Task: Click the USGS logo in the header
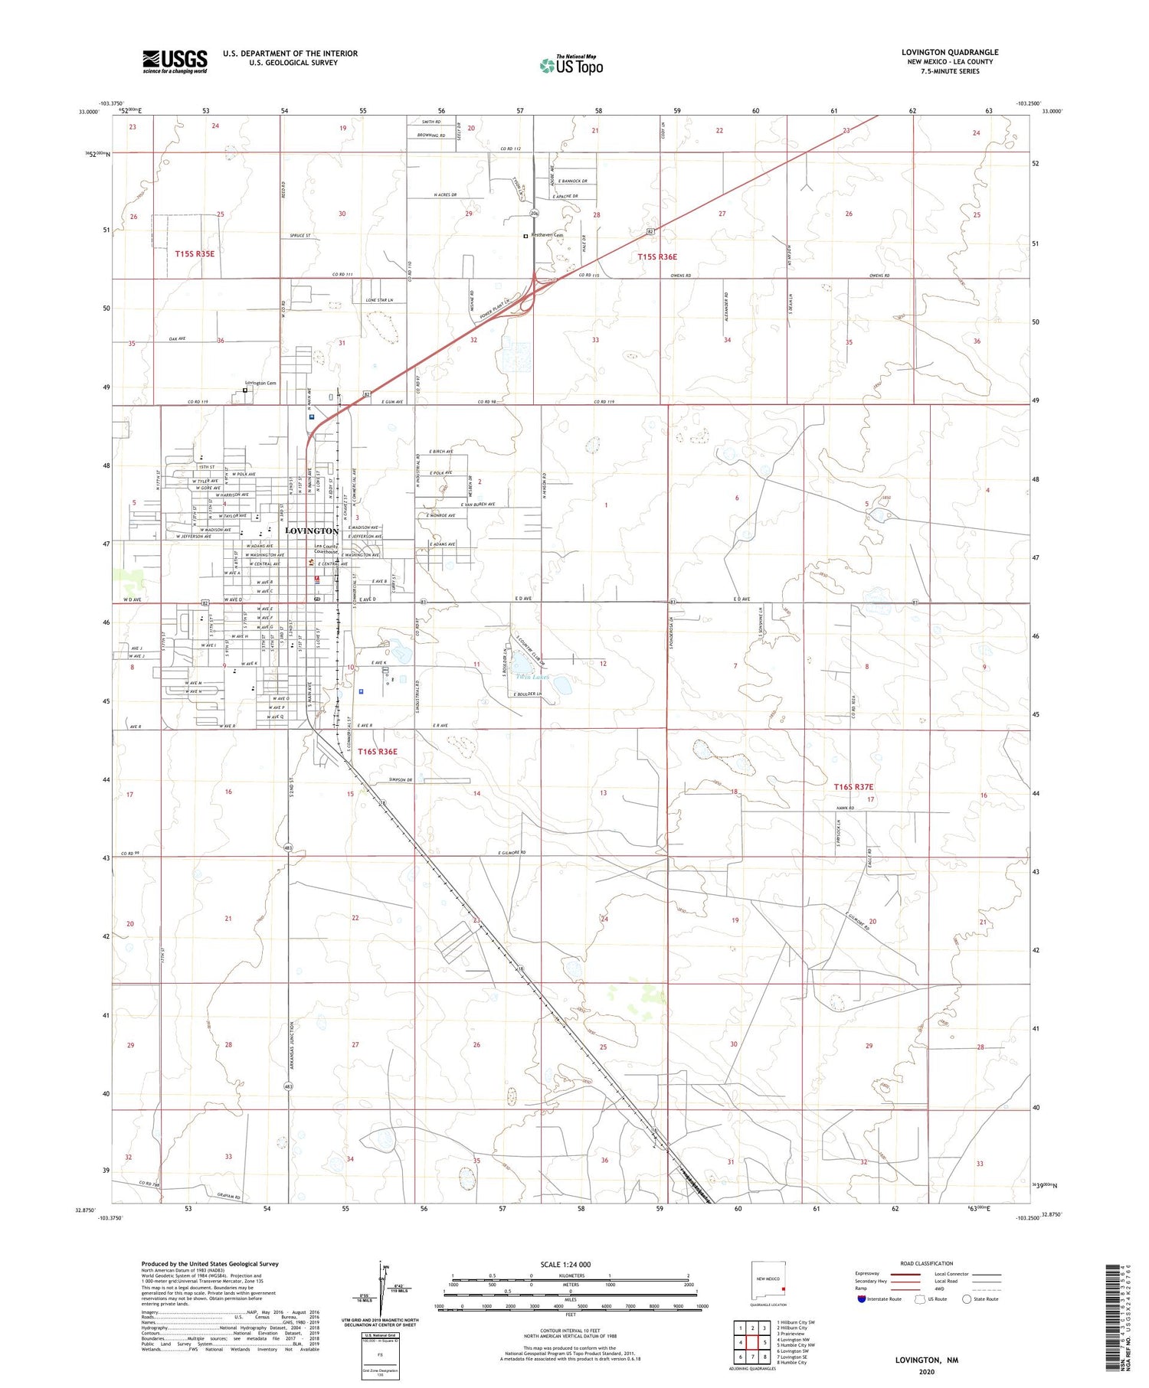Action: tap(175, 61)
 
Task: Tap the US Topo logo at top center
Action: tap(571, 66)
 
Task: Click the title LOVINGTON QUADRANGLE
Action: tap(950, 52)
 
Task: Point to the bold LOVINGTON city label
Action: tap(312, 531)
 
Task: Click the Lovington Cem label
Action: tap(260, 383)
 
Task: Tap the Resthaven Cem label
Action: tap(548, 235)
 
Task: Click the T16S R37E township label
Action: tap(853, 786)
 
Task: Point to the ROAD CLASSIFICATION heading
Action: tap(927, 1263)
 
